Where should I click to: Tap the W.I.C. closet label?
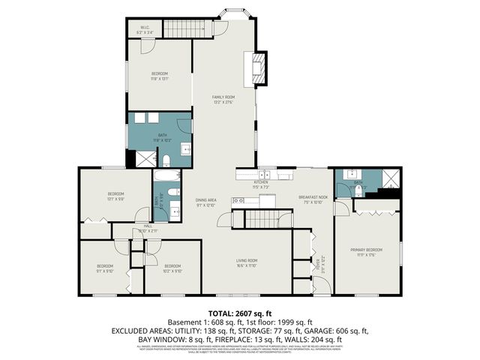coord(145,31)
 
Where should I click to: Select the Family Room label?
coord(223,99)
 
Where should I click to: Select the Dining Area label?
coord(206,202)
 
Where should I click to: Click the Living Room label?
coord(247,262)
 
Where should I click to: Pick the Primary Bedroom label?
coord(367,251)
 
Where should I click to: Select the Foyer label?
coord(318,264)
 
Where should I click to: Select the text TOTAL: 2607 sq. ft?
coord(239,312)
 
